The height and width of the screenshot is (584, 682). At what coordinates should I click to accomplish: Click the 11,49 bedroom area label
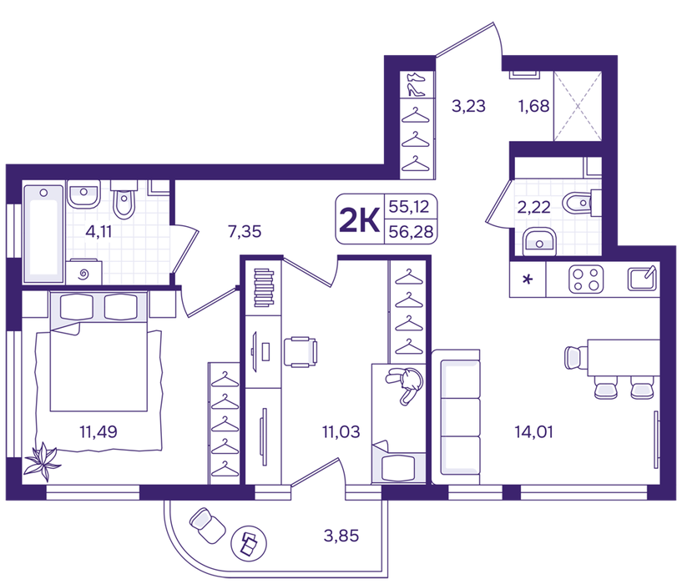coord(99,432)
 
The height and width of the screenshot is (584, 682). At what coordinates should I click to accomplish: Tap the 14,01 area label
coord(533,432)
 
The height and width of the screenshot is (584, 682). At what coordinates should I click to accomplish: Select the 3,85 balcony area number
coord(341,536)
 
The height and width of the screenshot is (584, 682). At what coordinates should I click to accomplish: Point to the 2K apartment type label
coord(359,220)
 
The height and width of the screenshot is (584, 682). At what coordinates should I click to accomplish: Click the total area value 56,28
coord(411,232)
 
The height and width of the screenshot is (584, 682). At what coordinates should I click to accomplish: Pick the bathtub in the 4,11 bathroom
coord(43,234)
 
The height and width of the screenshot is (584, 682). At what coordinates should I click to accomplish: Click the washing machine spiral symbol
coord(84,274)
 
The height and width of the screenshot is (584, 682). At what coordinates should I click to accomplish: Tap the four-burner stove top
coord(586,279)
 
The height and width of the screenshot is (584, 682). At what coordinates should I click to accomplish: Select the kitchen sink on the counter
coord(642,279)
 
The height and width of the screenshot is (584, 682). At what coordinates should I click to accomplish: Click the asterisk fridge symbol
coord(528,279)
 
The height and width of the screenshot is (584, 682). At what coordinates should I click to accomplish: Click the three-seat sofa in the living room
coord(457,417)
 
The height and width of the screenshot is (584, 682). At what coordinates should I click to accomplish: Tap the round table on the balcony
coord(249,543)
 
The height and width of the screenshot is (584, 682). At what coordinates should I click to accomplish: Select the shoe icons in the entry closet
coord(416,84)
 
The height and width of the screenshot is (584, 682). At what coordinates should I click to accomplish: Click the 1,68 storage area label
coord(533,106)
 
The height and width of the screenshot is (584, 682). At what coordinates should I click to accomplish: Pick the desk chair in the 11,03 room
coord(301,352)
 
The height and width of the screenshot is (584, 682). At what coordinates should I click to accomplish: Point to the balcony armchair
coord(208,526)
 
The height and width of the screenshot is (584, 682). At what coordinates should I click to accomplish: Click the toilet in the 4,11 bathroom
coord(124,200)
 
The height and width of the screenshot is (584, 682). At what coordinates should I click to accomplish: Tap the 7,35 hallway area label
coord(245,232)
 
